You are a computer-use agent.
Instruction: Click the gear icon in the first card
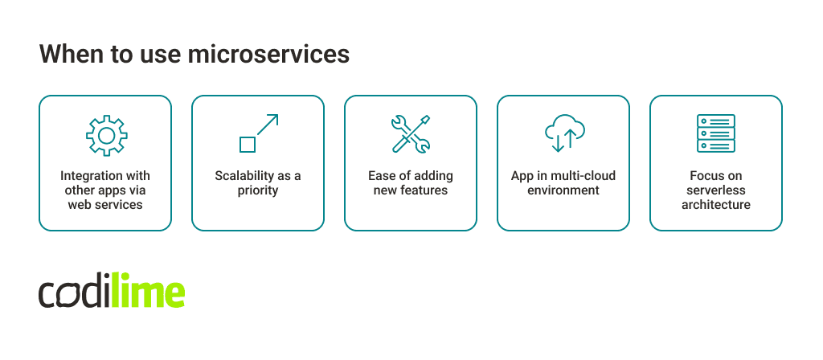(104, 135)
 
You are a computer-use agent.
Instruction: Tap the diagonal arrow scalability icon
(258, 133)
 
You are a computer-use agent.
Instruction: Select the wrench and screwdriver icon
(410, 133)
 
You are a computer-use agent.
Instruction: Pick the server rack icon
(715, 133)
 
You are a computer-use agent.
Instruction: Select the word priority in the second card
(258, 190)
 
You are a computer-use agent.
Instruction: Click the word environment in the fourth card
(563, 190)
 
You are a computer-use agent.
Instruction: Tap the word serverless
(715, 190)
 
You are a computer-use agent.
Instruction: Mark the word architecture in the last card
(715, 205)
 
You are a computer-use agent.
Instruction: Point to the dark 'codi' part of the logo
(72, 294)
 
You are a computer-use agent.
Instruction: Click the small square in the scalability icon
(248, 145)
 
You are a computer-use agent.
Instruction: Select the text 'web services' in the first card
(105, 205)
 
